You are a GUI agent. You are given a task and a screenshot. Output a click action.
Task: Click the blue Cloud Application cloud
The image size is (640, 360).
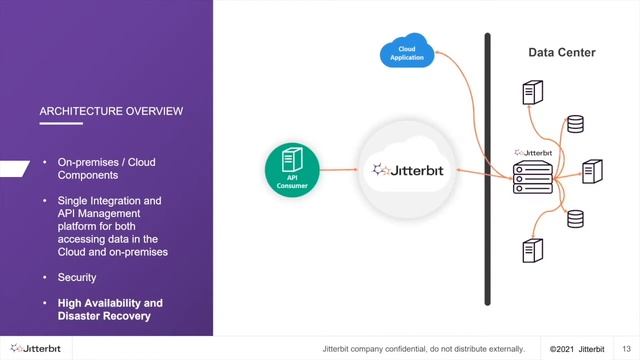tap(406, 51)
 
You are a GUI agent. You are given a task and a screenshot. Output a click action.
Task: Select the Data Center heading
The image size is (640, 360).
tap(561, 51)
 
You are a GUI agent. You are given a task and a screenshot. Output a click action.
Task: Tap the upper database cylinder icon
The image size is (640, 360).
tap(574, 125)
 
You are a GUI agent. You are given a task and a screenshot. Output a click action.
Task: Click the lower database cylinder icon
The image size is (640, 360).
tap(574, 217)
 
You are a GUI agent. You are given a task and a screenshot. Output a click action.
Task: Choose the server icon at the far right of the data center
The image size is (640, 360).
tap(591, 170)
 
